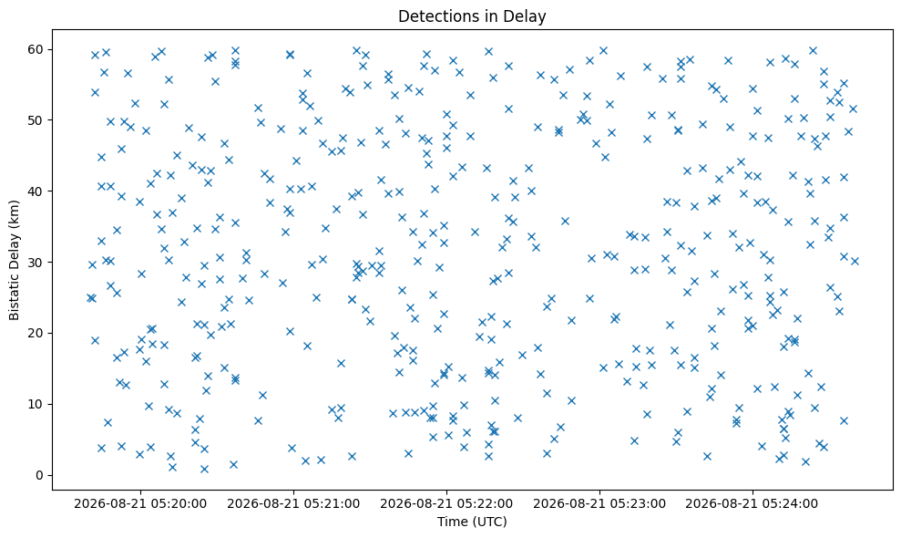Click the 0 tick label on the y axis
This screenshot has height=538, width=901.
coord(40,475)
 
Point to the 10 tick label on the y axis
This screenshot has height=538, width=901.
coord(36,405)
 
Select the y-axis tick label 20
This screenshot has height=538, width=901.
coord(36,333)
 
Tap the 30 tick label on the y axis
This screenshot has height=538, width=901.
coord(36,263)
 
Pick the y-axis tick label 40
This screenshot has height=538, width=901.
coord(36,191)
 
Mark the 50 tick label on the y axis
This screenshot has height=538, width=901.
coord(36,120)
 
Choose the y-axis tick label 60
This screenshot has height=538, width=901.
coord(36,49)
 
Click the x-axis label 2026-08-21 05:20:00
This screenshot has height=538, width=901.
coord(140,504)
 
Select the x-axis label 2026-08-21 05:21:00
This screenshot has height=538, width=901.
coord(293,504)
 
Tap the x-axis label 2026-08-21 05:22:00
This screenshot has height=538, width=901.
coord(446,504)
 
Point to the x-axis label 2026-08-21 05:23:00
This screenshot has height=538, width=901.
coord(599,504)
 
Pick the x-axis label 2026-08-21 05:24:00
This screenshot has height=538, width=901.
coord(753,504)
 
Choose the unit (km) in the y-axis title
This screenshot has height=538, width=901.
coord(14,221)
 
